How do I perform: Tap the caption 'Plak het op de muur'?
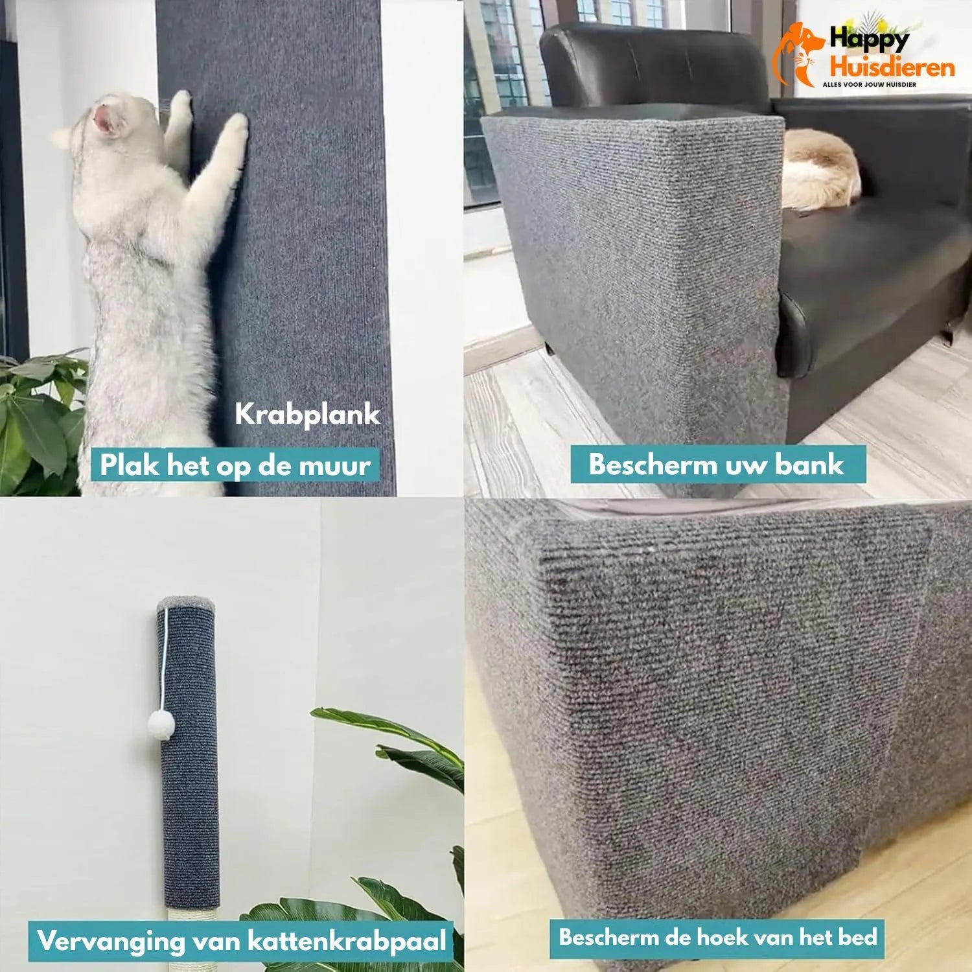coord(235,465)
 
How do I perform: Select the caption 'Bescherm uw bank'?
coord(717,465)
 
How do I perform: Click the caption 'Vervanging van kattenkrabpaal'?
coord(242,941)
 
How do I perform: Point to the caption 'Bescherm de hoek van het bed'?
coord(718,937)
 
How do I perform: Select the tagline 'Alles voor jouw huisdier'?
coord(869,85)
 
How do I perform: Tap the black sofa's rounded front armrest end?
coord(794,334)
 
